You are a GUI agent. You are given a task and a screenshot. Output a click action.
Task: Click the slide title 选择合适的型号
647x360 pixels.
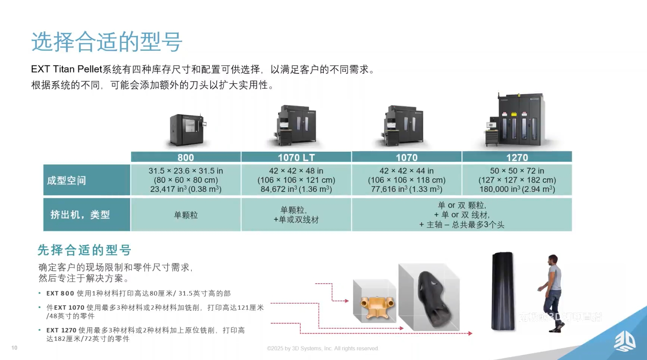[107, 41]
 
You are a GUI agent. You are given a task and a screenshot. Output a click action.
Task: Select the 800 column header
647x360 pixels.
[186, 157]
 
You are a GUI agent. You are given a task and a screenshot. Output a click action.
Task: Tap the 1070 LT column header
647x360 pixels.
[296, 157]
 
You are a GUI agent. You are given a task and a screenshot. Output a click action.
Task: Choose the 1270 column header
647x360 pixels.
[517, 157]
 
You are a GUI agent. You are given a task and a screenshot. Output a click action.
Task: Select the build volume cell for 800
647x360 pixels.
[186, 180]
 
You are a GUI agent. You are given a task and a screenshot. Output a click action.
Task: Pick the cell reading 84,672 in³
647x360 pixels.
[296, 189]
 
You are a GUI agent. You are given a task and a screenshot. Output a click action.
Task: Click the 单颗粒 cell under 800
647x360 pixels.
[186, 215]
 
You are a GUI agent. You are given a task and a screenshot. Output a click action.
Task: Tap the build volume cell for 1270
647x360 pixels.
[517, 180]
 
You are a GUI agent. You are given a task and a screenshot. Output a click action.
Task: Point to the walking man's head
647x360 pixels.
[553, 260]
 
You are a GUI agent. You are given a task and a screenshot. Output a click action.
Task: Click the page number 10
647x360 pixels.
[14, 348]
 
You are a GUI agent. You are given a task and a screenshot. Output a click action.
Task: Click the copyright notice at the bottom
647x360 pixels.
[323, 348]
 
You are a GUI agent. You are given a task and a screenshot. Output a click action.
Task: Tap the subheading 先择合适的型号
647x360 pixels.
[84, 250]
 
